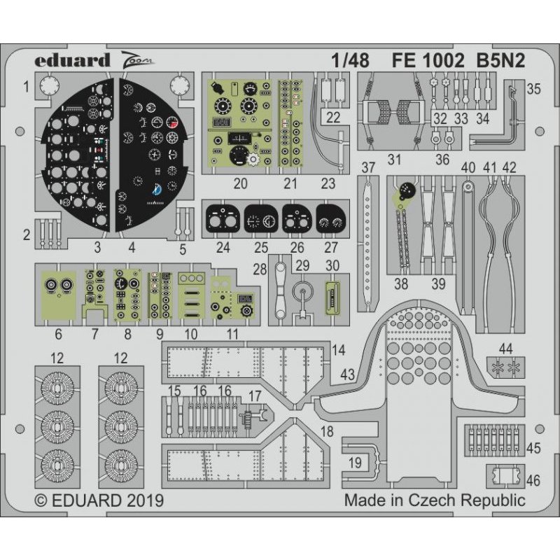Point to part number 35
(x=533, y=89)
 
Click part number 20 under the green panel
(x=241, y=184)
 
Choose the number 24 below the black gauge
(x=223, y=247)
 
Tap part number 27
(x=331, y=247)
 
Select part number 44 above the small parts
(x=505, y=348)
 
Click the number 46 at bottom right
(x=533, y=480)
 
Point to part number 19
(x=355, y=462)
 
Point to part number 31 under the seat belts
(x=395, y=160)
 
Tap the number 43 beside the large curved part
(x=348, y=374)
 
